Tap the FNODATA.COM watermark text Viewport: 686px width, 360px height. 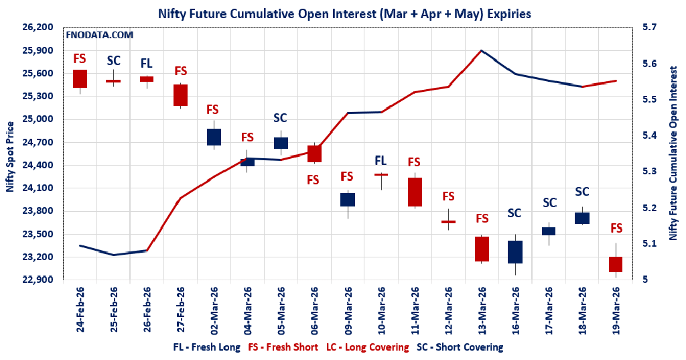coord(99,35)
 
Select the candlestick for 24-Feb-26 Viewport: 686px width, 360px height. coord(80,78)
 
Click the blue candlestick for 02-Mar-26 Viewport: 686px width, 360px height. coord(214,137)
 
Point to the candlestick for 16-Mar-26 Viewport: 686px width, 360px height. coord(515,252)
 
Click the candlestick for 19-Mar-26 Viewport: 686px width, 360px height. coord(616,264)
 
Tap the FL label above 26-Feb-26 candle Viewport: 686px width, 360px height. coord(146,64)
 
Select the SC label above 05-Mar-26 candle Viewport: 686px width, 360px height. coord(280,118)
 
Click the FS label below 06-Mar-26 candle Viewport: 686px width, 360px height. coord(313,180)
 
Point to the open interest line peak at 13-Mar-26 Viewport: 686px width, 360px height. coord(481,50)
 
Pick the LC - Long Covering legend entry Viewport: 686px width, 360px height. coord(367,347)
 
